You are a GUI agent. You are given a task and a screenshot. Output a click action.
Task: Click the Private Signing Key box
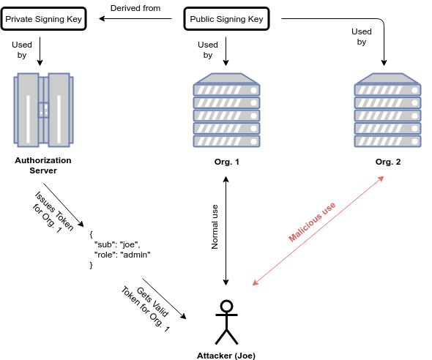coord(43,19)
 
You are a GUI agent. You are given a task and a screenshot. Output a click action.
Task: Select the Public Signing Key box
coord(226,19)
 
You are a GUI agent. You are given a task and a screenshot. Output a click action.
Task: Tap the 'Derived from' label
coord(135,8)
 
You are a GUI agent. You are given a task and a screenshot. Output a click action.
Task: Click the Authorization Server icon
coord(43,110)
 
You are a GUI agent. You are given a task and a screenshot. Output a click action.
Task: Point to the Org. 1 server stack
coord(226,110)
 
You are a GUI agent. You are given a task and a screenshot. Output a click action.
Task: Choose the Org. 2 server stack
coord(387,110)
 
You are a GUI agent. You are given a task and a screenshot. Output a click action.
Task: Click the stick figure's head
coord(226,306)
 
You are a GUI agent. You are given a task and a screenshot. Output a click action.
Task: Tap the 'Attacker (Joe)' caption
coord(226,356)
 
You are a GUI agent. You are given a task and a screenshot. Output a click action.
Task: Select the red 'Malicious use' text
coord(312,222)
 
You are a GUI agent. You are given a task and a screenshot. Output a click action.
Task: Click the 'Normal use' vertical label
coord(215,227)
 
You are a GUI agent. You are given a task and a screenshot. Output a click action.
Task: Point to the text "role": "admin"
coord(122,255)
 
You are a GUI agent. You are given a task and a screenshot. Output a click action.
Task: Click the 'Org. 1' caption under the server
coord(226,162)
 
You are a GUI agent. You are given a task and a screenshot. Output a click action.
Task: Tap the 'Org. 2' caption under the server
coord(388,162)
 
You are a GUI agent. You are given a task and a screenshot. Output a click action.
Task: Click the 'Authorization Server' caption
coord(43,165)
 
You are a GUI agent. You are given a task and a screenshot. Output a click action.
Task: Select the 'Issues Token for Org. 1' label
coord(53,212)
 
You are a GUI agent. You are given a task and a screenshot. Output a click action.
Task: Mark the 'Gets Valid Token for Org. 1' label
coord(146,309)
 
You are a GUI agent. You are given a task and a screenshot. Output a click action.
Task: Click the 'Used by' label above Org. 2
coord(362,37)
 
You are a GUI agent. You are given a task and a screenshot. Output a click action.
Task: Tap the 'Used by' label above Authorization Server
coord(22,50)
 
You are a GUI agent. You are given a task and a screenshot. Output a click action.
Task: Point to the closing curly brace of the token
coord(92,265)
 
